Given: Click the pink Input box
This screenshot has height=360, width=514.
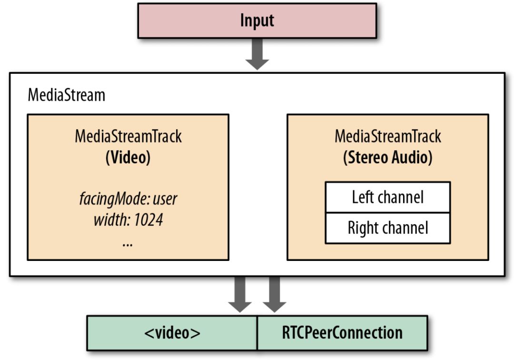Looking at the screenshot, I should click(x=257, y=20).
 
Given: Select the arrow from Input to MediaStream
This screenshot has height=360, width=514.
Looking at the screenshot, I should click(x=257, y=54).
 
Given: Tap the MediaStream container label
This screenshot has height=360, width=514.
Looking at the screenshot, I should click(x=66, y=94).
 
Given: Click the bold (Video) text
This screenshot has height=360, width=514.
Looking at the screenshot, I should click(x=128, y=158).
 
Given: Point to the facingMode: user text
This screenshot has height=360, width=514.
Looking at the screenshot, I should click(x=128, y=199).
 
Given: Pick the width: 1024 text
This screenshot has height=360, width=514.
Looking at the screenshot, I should click(x=128, y=220).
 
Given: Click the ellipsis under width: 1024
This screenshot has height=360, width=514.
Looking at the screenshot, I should click(x=128, y=243).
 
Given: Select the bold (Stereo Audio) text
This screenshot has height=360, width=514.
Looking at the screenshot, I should click(x=387, y=158).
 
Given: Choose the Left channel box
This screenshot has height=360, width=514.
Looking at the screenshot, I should click(x=387, y=197).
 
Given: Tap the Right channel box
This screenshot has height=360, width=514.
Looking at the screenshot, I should click(x=387, y=228).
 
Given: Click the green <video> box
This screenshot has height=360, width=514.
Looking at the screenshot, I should click(x=172, y=332).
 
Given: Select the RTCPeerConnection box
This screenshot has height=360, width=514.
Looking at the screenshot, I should click(x=342, y=332).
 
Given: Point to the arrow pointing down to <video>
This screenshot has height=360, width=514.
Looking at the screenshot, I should click(x=240, y=295).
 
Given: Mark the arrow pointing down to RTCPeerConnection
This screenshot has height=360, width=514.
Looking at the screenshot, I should click(x=274, y=295).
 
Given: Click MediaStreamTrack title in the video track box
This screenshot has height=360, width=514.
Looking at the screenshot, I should click(x=128, y=137).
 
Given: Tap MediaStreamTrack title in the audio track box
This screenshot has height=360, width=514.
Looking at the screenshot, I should click(x=387, y=137).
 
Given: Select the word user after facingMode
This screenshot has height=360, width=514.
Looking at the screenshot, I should click(x=165, y=199).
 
